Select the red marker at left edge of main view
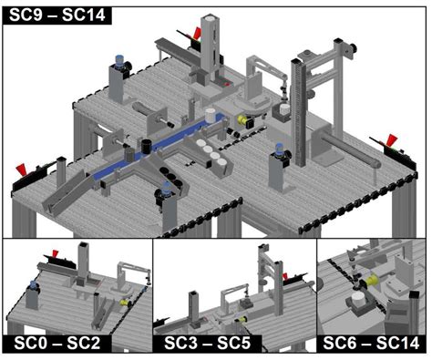[x=21, y=170]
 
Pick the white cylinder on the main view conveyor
[x=211, y=116]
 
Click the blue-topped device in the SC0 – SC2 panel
[x=34, y=289]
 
